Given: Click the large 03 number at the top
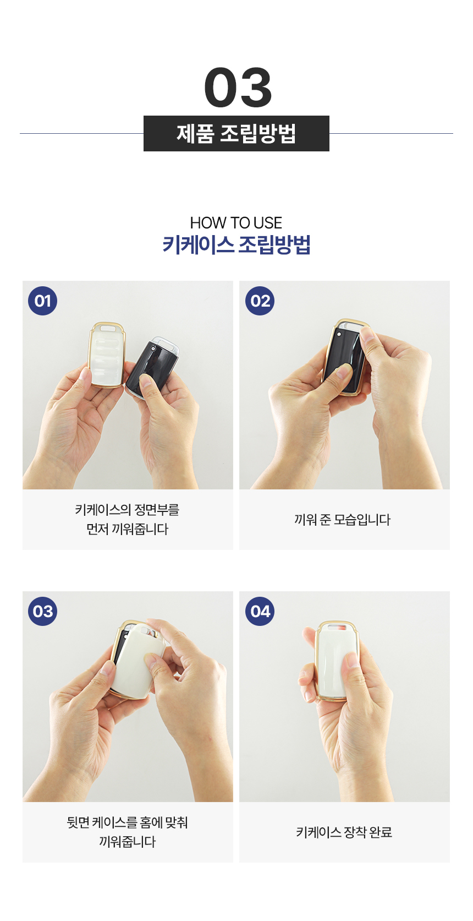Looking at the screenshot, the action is pyautogui.click(x=238, y=88).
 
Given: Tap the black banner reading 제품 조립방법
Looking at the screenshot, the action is pyautogui.click(x=237, y=134).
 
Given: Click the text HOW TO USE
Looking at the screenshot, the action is pyautogui.click(x=236, y=223).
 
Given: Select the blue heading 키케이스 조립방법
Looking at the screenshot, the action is pyautogui.click(x=237, y=245).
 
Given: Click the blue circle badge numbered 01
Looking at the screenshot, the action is pyautogui.click(x=43, y=301).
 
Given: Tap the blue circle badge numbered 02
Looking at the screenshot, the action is pyautogui.click(x=260, y=301).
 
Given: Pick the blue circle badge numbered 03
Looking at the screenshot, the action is pyautogui.click(x=43, y=612).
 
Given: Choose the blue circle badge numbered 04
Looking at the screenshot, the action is pyautogui.click(x=260, y=612).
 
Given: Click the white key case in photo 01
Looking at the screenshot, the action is pyautogui.click(x=107, y=355).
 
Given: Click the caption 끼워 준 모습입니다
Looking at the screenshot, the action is pyautogui.click(x=342, y=520).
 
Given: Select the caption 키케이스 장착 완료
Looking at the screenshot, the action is pyautogui.click(x=344, y=832).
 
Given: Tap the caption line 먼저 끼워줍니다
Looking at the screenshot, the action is pyautogui.click(x=128, y=529).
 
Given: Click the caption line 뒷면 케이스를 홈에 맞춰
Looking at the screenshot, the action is pyautogui.click(x=128, y=822).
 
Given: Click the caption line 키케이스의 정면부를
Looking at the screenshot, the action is pyautogui.click(x=128, y=510).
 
